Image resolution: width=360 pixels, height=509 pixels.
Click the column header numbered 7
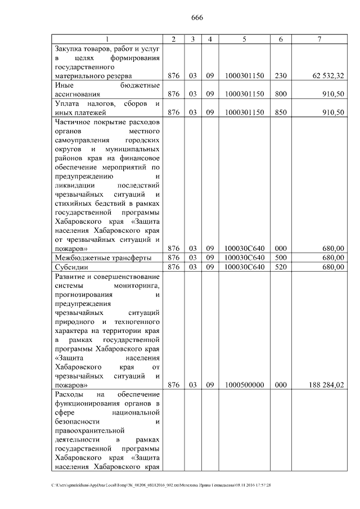point(320,39)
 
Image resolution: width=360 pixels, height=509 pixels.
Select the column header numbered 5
point(244,39)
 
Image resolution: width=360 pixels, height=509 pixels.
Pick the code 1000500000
point(244,385)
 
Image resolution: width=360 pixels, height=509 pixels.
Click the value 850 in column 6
point(280,112)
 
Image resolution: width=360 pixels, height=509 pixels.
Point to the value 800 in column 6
point(280,94)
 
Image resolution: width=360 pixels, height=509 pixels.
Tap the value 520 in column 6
point(280,267)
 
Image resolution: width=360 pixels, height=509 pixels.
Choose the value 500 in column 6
point(280,258)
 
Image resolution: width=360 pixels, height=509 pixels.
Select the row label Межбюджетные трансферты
point(103,258)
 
